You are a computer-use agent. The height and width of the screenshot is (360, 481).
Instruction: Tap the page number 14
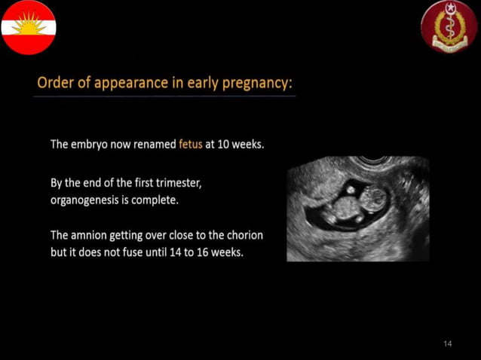(448, 344)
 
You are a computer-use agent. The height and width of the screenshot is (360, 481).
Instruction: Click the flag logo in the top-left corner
(28, 28)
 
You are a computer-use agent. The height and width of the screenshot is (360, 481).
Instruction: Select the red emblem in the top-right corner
(449, 27)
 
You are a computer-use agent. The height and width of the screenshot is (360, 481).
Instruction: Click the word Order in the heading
(55, 83)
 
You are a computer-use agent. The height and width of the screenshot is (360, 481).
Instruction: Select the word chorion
(244, 236)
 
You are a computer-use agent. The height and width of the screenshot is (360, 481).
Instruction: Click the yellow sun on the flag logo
(28, 23)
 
